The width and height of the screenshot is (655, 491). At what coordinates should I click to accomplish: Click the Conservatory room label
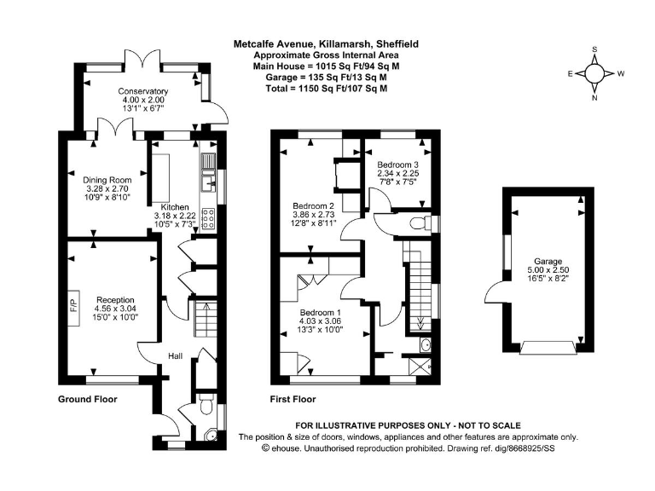click(142, 91)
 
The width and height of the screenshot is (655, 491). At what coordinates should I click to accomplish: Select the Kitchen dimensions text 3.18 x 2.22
click(175, 216)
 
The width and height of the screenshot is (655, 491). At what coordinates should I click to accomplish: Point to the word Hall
click(175, 355)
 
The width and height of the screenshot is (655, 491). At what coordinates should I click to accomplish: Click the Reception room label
click(117, 299)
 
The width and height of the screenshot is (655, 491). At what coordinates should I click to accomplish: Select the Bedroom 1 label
click(321, 312)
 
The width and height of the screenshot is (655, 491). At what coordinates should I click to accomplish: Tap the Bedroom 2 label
click(313, 206)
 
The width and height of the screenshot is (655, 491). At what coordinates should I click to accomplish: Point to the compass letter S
click(594, 49)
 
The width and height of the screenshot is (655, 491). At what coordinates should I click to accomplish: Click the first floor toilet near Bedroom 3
click(418, 222)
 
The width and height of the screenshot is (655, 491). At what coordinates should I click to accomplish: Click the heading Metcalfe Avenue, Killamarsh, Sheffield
click(327, 43)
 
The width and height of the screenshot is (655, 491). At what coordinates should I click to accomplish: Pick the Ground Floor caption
click(87, 399)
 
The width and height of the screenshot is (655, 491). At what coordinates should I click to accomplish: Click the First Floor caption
click(293, 399)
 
